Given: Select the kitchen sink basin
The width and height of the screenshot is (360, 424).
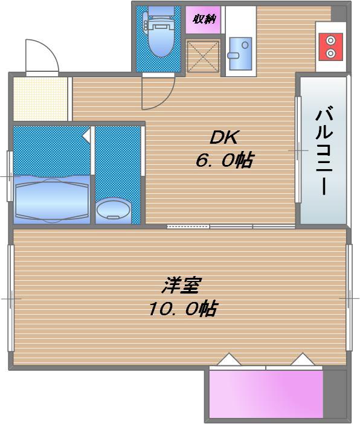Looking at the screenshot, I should point(240,49).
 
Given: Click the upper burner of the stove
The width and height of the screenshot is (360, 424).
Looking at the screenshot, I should point(330,40).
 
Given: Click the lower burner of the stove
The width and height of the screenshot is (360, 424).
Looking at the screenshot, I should point(330,53).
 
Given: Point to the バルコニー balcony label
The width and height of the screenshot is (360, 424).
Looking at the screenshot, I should point(324,150).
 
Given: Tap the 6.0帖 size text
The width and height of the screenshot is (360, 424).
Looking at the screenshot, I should point(223,161).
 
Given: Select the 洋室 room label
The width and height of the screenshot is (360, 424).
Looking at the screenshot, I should point(181,284).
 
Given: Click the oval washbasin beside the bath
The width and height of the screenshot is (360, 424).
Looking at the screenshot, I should point(113,210).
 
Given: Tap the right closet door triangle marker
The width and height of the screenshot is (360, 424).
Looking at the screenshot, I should point(302,360).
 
